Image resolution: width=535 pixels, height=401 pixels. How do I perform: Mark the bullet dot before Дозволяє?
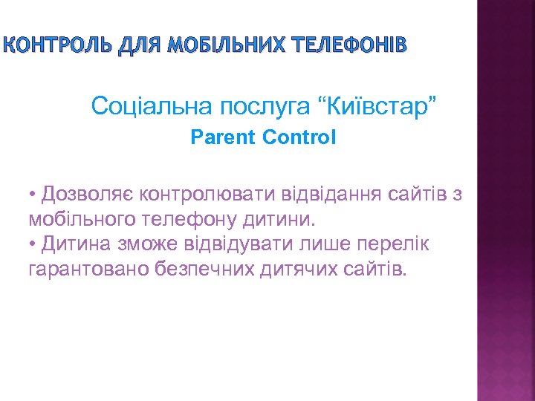coord(33,195)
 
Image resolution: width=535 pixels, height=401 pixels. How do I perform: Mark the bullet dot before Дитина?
coord(33,244)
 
